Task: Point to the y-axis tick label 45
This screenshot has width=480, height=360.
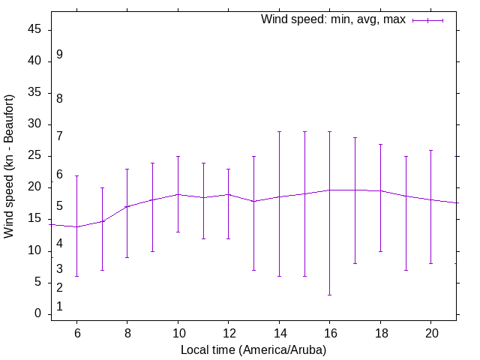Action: point(34,30)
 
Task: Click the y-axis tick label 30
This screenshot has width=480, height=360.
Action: point(34,124)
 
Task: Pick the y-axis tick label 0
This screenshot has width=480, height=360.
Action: point(38,313)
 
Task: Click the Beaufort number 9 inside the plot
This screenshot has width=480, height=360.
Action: point(59,55)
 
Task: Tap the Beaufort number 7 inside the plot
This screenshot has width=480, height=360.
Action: point(59,136)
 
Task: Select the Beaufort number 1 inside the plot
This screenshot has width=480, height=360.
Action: point(59,307)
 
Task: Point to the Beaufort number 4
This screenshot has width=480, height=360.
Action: point(59,244)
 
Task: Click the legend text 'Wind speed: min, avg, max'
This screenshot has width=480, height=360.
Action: point(333,19)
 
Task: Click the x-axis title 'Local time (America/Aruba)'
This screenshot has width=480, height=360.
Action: point(253,349)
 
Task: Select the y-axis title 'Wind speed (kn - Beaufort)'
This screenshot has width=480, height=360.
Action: point(10,166)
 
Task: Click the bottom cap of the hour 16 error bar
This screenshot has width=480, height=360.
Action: point(330,295)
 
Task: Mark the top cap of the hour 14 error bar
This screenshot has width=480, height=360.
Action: point(279,131)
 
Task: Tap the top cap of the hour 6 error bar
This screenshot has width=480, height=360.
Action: point(76,175)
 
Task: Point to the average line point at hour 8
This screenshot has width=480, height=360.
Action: point(127,206)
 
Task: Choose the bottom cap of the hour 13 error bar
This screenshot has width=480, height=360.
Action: point(253,270)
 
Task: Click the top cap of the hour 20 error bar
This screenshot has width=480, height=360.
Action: point(431,150)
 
